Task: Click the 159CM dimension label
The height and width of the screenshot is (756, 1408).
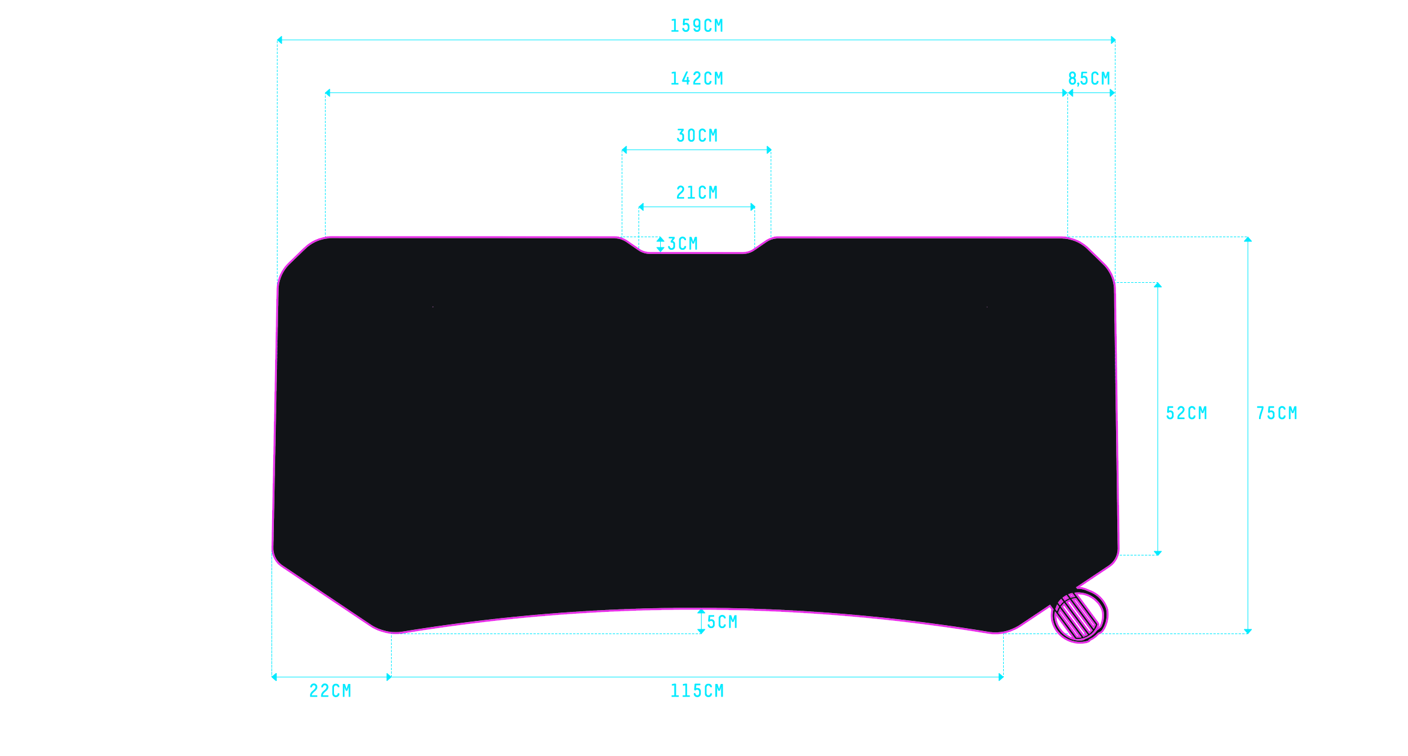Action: click(697, 26)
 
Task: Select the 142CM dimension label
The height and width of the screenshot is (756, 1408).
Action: click(697, 79)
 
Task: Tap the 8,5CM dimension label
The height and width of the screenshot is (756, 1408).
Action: click(1089, 79)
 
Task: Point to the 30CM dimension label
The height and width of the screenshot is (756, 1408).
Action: click(697, 136)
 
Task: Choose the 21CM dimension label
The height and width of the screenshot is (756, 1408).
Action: click(697, 193)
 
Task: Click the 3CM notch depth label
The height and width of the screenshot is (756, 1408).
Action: click(683, 244)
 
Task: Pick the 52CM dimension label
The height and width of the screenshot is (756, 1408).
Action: click(1186, 413)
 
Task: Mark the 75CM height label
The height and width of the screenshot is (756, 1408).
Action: click(1277, 413)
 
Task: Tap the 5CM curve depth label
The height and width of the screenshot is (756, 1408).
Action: click(722, 622)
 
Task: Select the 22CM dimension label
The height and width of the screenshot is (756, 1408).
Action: click(330, 691)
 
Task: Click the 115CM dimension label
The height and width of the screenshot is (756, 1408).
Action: click(697, 691)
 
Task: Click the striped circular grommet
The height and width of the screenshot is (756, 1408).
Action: click(1079, 616)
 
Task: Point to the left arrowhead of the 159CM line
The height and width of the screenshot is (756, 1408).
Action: click(279, 40)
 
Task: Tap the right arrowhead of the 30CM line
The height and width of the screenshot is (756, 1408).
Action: click(769, 150)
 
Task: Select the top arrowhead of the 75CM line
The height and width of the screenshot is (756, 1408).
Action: click(1248, 240)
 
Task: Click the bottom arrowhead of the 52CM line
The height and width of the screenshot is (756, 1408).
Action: click(1158, 553)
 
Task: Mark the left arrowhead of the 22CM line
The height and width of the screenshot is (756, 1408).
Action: click(275, 677)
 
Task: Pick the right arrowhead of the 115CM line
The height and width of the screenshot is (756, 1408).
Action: click(1001, 677)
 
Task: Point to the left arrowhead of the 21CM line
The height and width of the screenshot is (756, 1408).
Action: click(642, 207)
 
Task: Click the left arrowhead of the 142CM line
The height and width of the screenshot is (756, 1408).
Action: click(327, 93)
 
